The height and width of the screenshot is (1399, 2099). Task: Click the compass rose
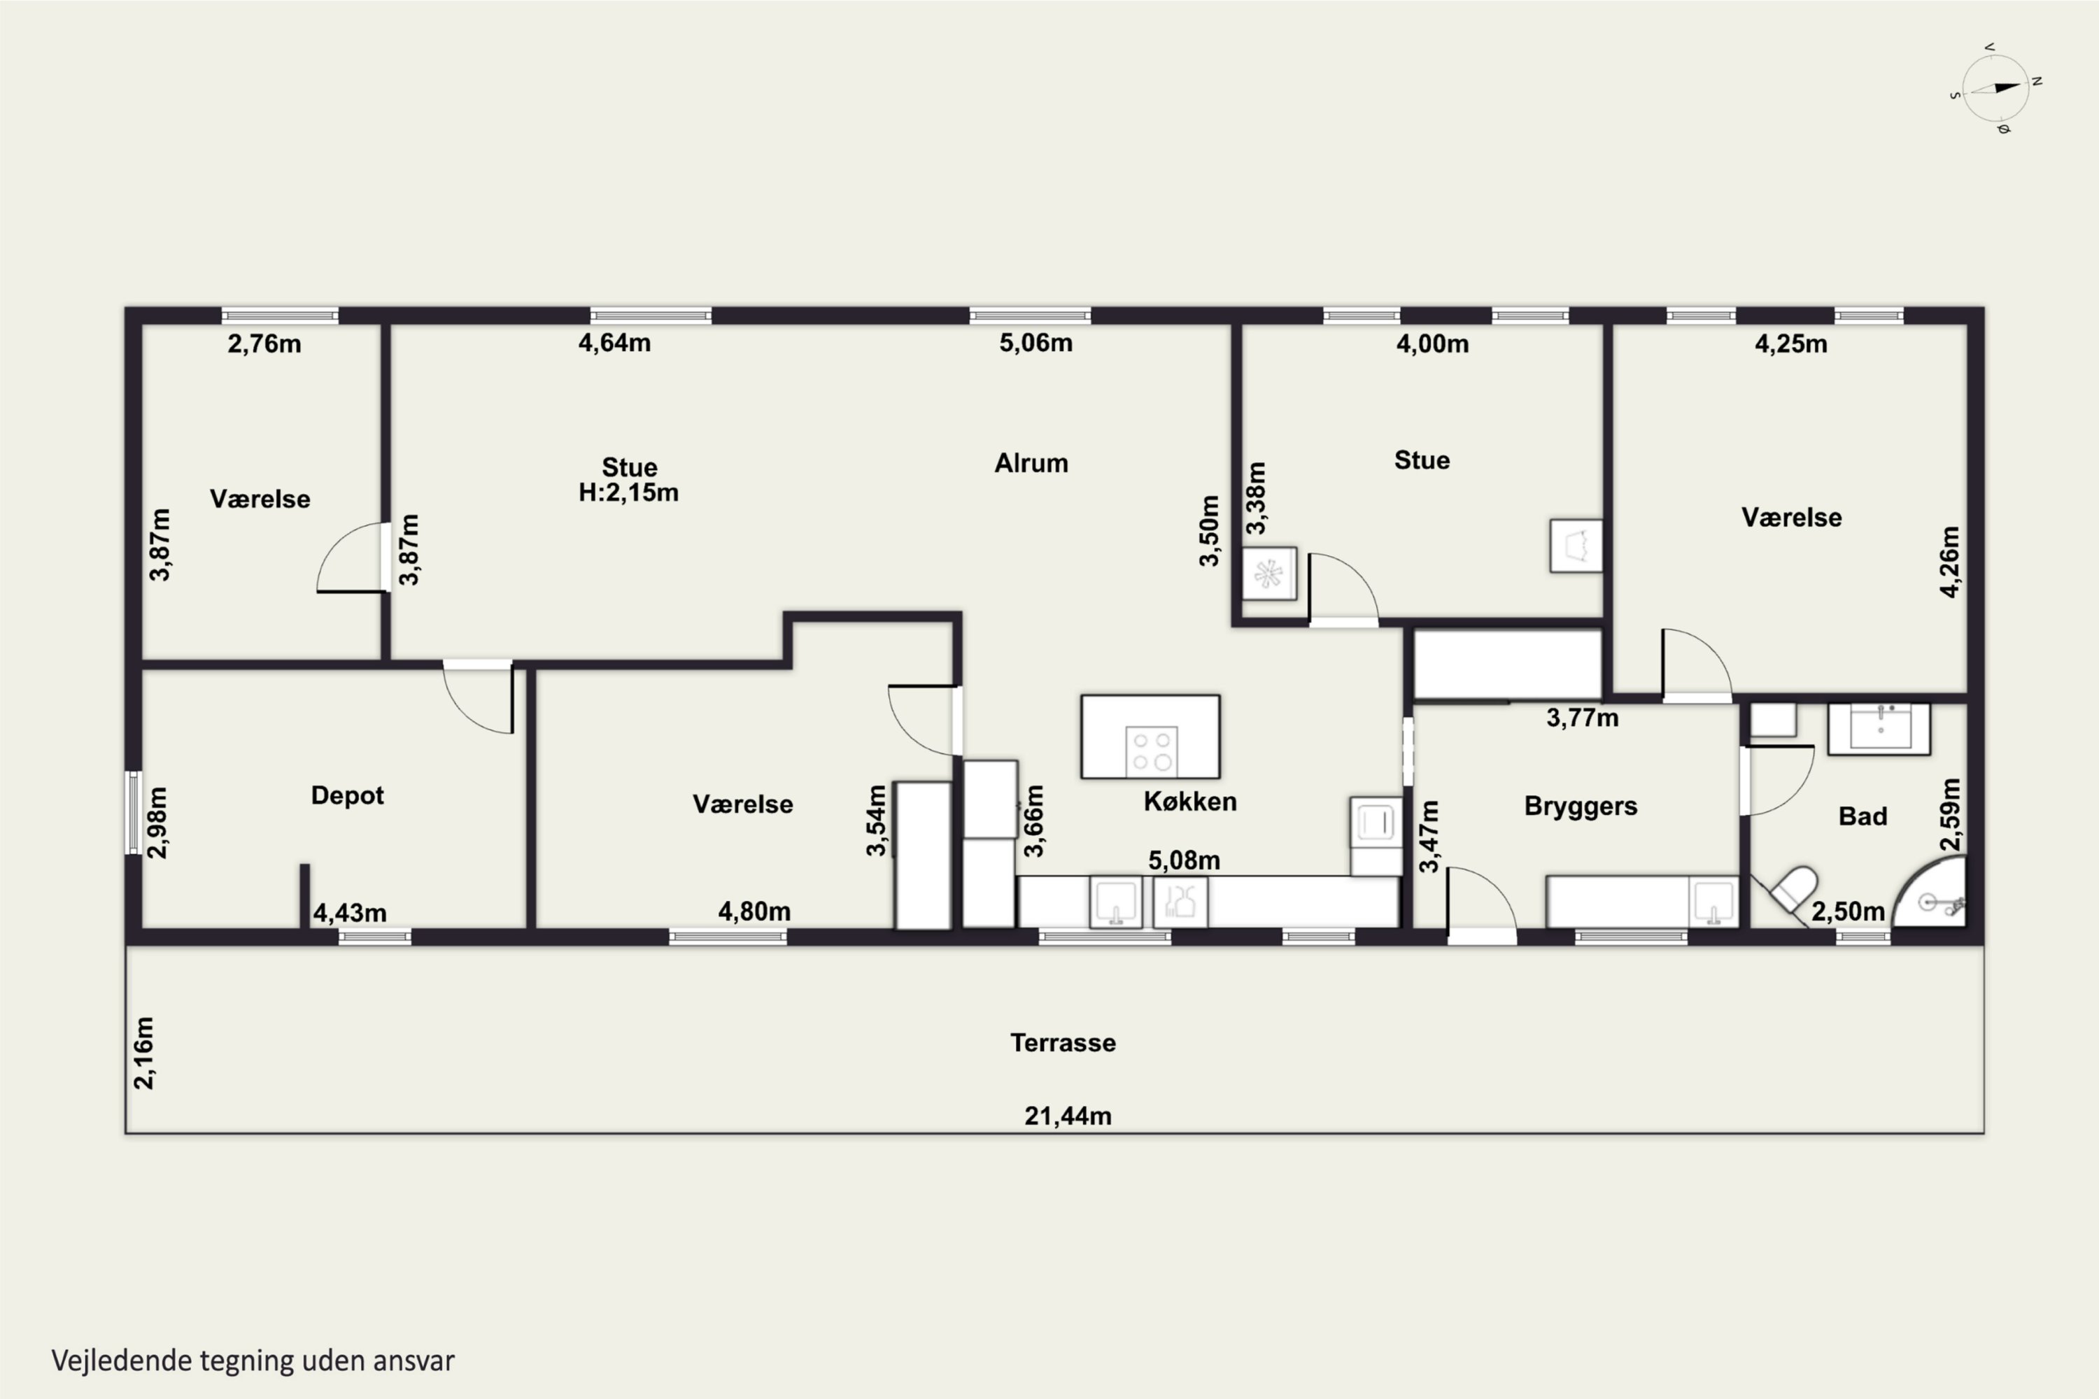pos(1996,87)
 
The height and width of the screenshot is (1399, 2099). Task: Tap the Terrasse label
pos(1063,1043)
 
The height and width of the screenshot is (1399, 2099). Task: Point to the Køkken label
pos(1189,801)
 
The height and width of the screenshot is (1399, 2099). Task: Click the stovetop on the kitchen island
pos(1151,751)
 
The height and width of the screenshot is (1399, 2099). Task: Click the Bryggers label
pos(1581,807)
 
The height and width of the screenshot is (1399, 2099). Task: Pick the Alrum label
pos(1031,463)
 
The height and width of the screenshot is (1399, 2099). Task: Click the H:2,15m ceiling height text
pos(628,492)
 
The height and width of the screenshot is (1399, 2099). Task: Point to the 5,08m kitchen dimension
pos(1183,860)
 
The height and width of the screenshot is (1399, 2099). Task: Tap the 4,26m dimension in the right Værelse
pos(1950,562)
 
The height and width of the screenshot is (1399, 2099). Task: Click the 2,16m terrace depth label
pos(143,1053)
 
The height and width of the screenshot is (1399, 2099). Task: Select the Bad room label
pos(1863,816)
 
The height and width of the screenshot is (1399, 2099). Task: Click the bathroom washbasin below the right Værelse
pos(1879,728)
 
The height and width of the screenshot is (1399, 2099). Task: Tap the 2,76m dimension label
pos(264,343)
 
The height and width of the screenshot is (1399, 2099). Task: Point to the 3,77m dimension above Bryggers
pos(1582,718)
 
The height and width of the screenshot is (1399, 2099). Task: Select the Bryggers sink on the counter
pos(1713,903)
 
